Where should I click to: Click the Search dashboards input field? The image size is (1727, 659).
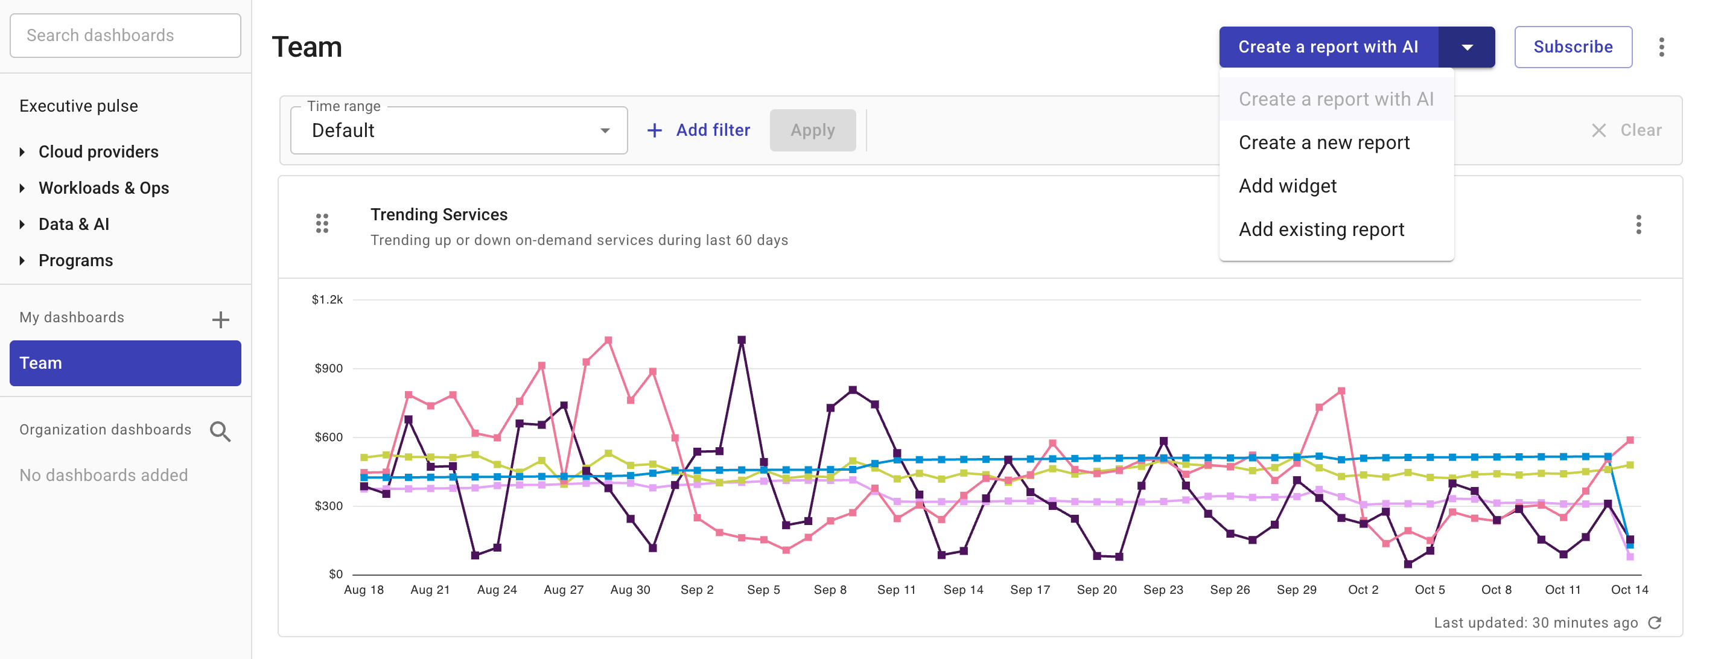126,36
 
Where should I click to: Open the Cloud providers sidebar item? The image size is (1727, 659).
98,151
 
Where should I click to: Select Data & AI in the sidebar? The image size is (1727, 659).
74,224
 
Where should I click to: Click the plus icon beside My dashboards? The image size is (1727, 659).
221,320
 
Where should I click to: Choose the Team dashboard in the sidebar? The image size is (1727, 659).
126,363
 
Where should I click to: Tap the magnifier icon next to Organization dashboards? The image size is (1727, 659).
220,431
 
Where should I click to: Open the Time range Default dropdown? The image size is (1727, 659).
459,130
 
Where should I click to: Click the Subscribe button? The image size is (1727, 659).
1572,47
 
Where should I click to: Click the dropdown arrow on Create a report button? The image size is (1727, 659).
1466,47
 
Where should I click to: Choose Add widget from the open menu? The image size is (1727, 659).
1287,186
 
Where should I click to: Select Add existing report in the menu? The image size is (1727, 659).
1321,229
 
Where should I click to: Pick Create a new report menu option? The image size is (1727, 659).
1323,142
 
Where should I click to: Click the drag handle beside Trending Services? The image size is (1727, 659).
322,223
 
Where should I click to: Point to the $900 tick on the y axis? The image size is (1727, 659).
328,368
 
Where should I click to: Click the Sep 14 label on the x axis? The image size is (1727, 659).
962,589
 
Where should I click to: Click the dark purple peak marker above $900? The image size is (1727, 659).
742,340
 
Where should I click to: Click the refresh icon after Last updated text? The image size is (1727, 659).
1655,623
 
